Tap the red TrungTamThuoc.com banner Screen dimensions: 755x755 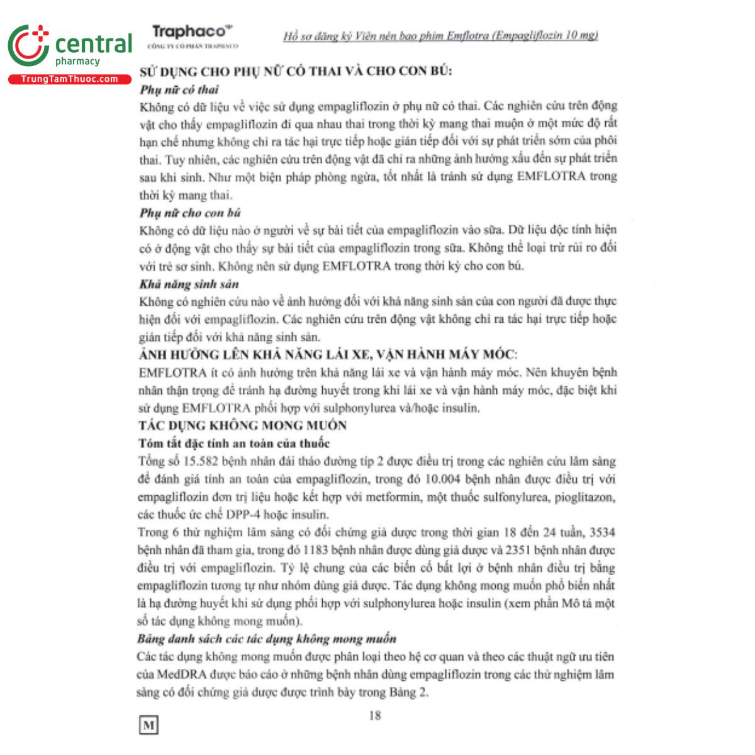pyautogui.click(x=69, y=79)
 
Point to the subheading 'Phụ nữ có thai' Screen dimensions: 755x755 pyautogui.click(x=179, y=89)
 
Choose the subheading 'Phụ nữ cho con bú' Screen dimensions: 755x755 pyautogui.click(x=190, y=213)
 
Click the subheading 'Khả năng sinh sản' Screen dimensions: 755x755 pyautogui.click(x=189, y=284)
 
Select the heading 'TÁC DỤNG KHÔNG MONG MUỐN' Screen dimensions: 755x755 pyautogui.click(x=242, y=425)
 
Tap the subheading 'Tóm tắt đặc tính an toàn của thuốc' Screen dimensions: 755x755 pyautogui.click(x=233, y=444)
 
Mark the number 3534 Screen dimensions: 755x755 pyautogui.click(x=602, y=533)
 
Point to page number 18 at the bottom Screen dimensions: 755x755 pyautogui.click(x=375, y=715)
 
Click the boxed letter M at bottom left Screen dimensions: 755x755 pyautogui.click(x=148, y=725)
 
